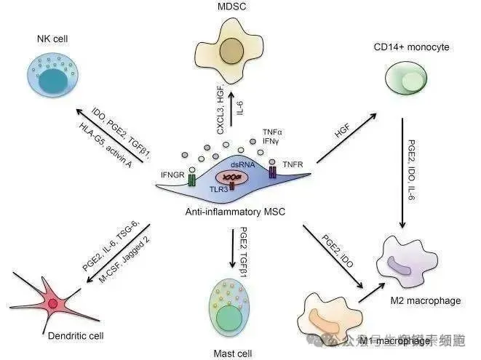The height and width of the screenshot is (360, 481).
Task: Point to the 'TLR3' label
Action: pos(217,186)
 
